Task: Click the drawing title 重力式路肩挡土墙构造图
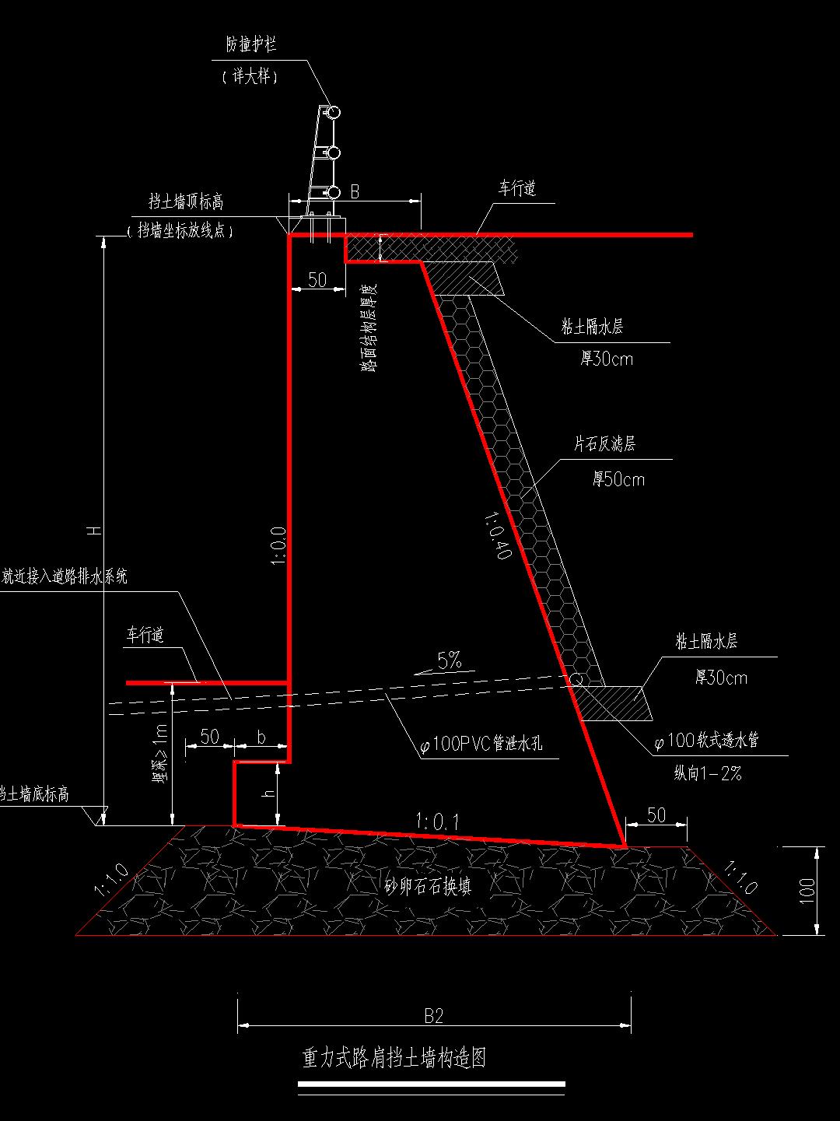(x=394, y=1058)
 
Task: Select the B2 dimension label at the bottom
(x=433, y=1015)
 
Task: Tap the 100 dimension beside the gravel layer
(x=807, y=889)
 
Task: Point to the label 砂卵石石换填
(x=429, y=886)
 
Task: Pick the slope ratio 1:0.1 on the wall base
(x=437, y=821)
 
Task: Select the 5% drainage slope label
(x=450, y=661)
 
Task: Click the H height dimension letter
(x=94, y=531)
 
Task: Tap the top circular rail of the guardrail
(x=334, y=113)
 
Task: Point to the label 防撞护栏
(x=250, y=46)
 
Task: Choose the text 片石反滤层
(x=604, y=444)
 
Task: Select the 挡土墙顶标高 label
(x=186, y=202)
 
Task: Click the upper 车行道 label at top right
(x=517, y=189)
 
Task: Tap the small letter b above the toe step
(x=261, y=737)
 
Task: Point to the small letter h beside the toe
(x=268, y=793)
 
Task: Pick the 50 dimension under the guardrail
(x=317, y=280)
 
